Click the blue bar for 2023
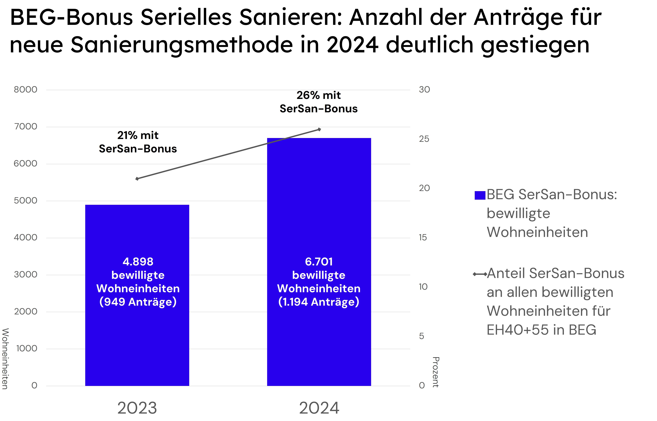137,342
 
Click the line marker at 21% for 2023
137,179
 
